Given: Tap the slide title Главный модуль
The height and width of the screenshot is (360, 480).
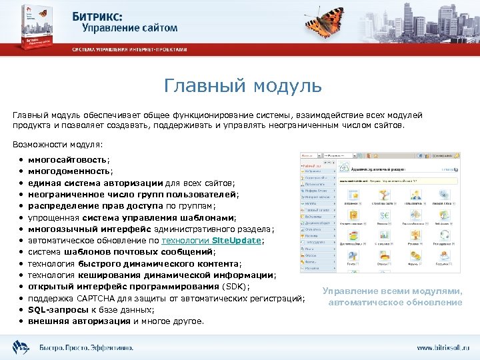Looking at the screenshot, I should tap(243, 86).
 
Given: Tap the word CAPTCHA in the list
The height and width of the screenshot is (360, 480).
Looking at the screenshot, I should tap(99, 298).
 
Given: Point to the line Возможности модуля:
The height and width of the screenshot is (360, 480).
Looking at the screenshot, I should tap(58, 144).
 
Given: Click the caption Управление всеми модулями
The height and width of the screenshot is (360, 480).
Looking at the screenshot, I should tap(392, 291).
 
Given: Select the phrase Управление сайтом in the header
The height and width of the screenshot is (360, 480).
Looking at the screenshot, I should tap(130, 28).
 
